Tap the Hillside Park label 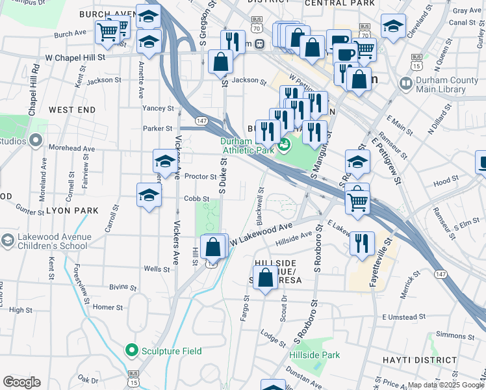pyautogui.click(x=314, y=356)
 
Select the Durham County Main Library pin pyautogui.click(x=405, y=84)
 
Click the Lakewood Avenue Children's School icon pyautogui.click(x=7, y=240)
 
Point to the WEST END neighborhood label pyautogui.click(x=71, y=110)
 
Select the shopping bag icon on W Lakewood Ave pyautogui.click(x=214, y=248)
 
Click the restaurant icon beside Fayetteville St pyautogui.click(x=362, y=244)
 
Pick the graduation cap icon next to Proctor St pyautogui.click(x=165, y=162)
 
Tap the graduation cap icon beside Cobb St pyautogui.click(x=149, y=195)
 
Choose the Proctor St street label pyautogui.click(x=200, y=176)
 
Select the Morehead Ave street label pyautogui.click(x=71, y=148)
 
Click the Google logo pyautogui.click(x=21, y=382)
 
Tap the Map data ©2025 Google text pyautogui.click(x=446, y=385)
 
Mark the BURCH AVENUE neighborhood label pyautogui.click(x=107, y=14)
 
